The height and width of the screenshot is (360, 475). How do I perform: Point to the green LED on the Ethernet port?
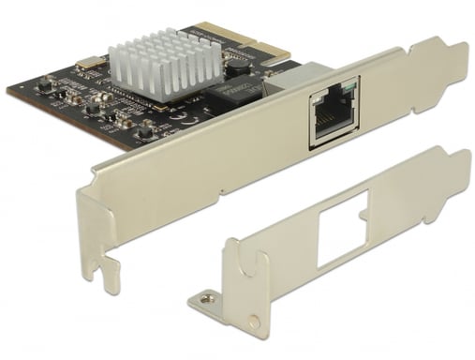coord(350,92)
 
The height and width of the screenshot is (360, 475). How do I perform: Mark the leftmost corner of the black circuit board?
coord(7,89)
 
